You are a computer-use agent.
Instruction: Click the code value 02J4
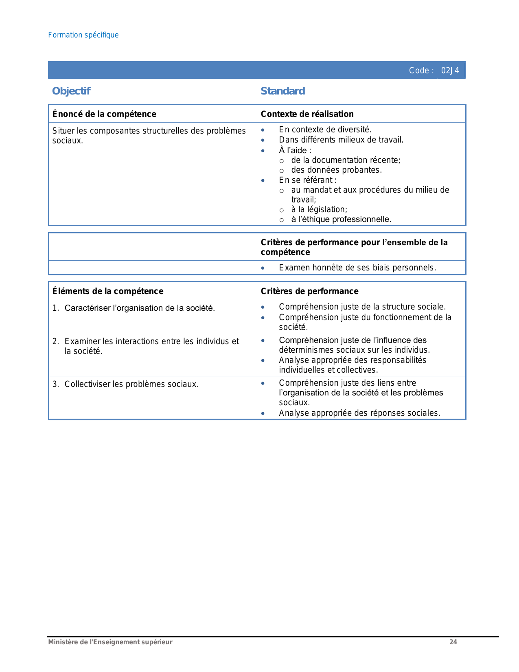point(450,70)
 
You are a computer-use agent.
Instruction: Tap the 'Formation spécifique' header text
point(83,35)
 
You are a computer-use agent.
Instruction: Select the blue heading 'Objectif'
point(71,91)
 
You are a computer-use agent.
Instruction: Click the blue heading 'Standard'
point(282,91)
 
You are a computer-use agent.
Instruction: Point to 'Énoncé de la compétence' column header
point(104,114)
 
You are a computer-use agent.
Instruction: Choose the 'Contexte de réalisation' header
point(307,114)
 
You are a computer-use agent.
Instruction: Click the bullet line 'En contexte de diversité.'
point(325,130)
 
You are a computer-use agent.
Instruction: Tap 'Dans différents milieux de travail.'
point(341,140)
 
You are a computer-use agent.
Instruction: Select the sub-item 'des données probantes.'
point(336,170)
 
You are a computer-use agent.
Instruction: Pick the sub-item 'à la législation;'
point(319,209)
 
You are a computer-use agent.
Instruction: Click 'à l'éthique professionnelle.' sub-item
point(341,219)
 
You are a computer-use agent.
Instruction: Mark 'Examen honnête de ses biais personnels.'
point(357,268)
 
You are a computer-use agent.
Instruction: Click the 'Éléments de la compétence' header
point(108,291)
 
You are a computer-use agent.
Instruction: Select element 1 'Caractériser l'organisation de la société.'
point(139,308)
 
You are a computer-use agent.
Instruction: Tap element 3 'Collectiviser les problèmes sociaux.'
point(131,384)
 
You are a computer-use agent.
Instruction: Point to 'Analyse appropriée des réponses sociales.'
point(359,413)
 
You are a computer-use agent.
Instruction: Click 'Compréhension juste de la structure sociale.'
point(362,307)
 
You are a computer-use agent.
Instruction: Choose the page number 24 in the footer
point(453,642)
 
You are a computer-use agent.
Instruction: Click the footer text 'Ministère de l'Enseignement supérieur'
point(110,642)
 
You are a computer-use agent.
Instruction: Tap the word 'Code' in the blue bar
point(419,70)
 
